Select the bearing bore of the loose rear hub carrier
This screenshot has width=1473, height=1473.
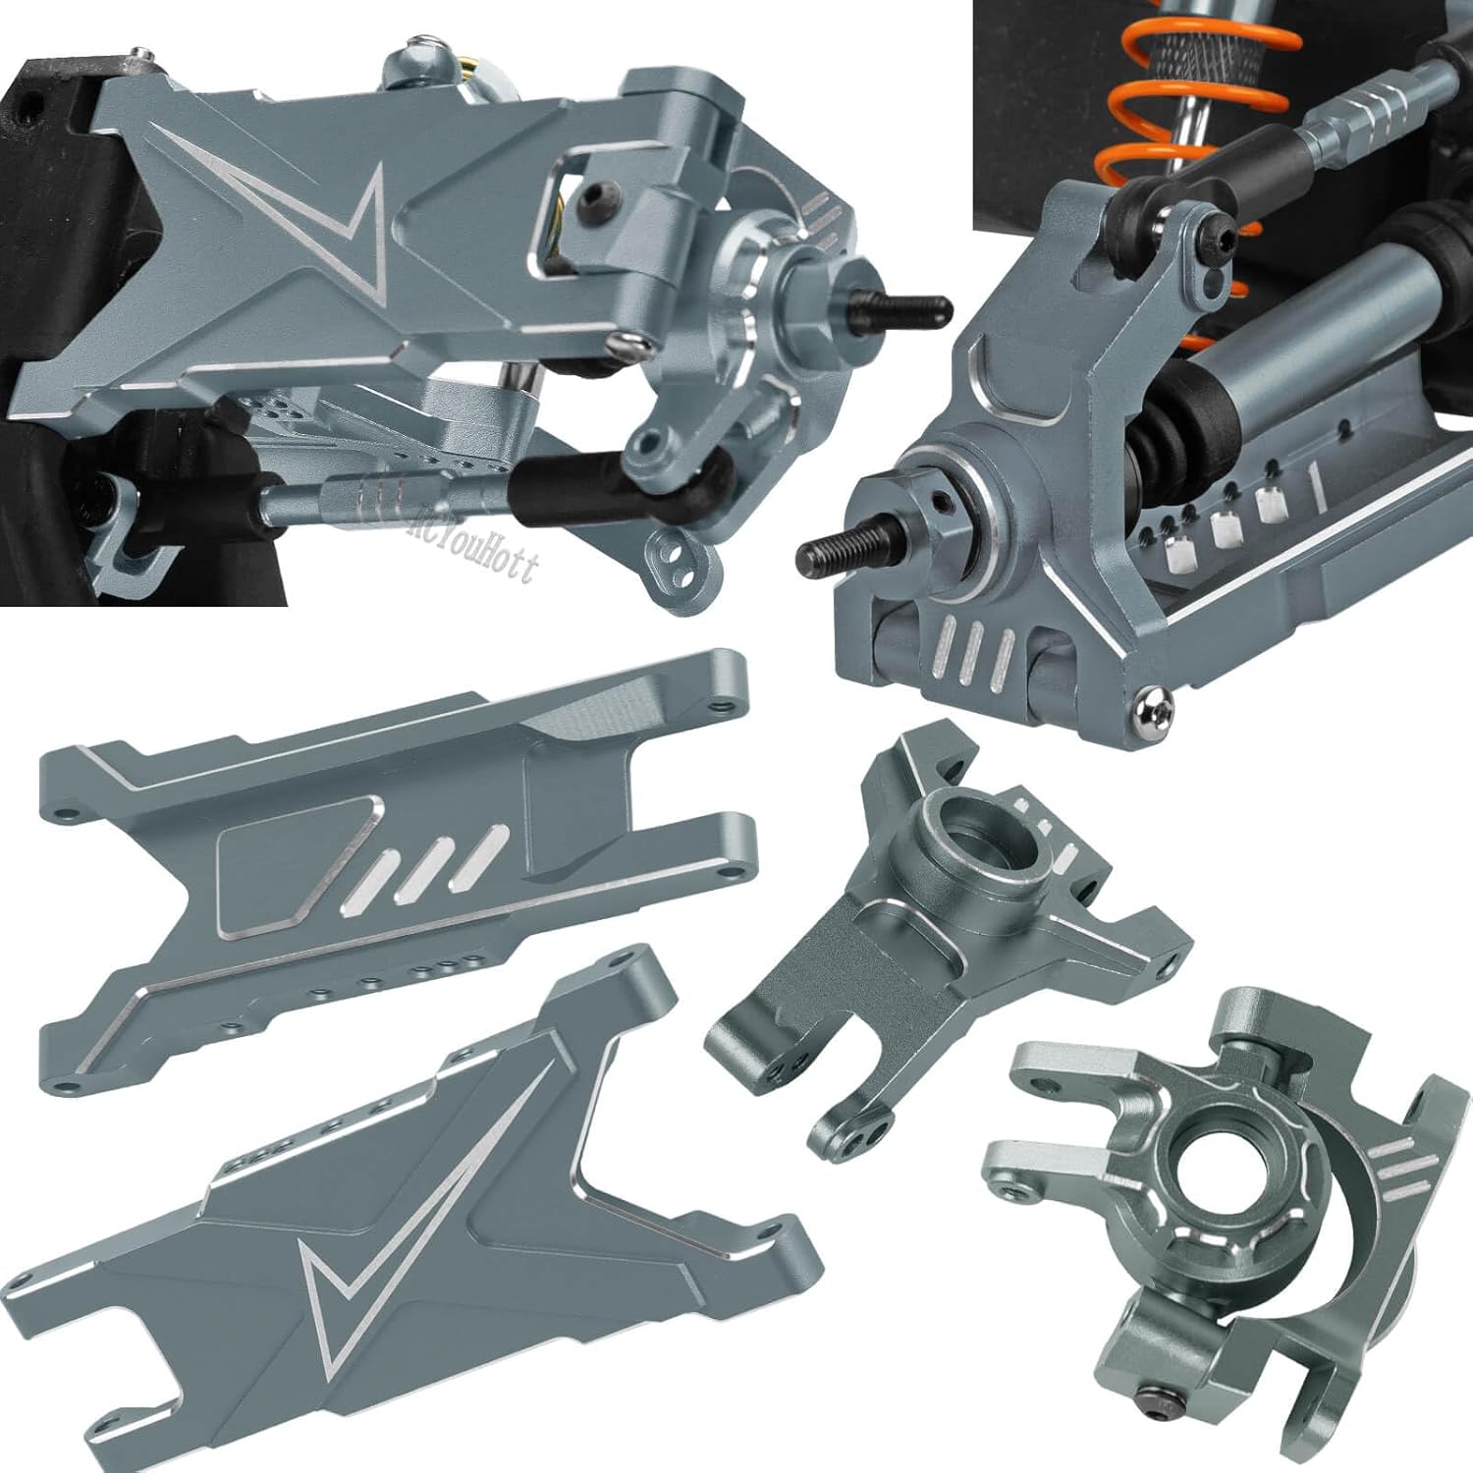(967, 825)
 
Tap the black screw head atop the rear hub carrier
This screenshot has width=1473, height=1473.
(1215, 235)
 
